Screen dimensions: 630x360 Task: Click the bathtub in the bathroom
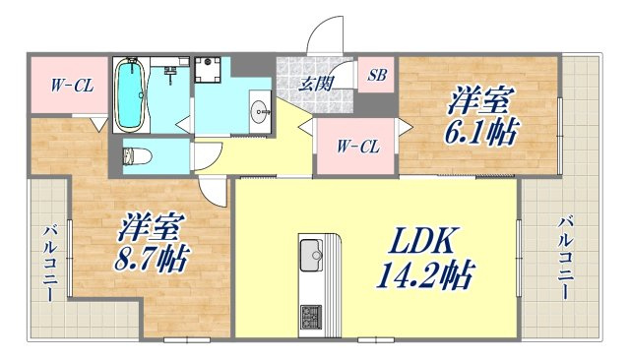(130, 94)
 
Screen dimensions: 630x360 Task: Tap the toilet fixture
(137, 156)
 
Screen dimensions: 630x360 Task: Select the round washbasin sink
(260, 108)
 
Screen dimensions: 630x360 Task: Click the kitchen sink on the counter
(311, 256)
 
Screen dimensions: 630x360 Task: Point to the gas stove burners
(311, 317)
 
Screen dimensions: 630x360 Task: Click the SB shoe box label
(377, 75)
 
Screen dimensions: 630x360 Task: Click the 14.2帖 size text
(424, 274)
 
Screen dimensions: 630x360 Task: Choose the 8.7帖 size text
(151, 259)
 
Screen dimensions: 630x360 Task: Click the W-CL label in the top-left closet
(72, 86)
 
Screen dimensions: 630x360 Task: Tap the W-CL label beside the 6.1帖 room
(358, 147)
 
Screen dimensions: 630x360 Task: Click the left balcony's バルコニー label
(50, 264)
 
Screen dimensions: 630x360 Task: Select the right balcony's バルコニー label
(565, 258)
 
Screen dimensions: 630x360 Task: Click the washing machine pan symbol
(208, 69)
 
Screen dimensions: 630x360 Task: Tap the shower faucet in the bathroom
(170, 73)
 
